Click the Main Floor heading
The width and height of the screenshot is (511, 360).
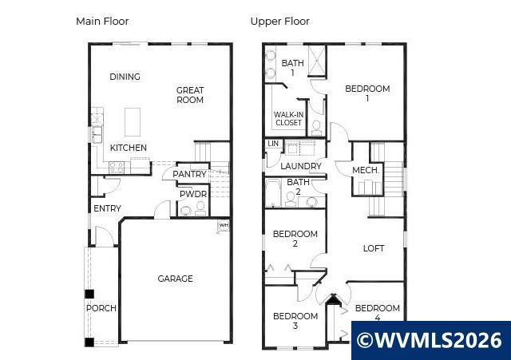[102, 22]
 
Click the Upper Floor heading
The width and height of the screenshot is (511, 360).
[279, 22]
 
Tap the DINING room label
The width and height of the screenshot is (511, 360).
[125, 77]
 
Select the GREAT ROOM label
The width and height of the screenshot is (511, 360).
[190, 95]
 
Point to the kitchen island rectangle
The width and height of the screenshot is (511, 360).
[133, 122]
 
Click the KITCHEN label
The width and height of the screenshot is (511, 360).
[128, 148]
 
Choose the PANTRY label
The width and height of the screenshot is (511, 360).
[189, 174]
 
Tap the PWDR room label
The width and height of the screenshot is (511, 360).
[192, 194]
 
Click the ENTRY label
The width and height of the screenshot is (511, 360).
[108, 209]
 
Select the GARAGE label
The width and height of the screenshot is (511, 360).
[175, 279]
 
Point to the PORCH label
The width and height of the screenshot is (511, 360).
[101, 308]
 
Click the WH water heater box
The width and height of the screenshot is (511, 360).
[223, 226]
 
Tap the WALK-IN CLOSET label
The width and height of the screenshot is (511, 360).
[288, 118]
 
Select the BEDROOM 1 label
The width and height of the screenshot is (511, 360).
[367, 93]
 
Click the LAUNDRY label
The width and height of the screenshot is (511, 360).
[301, 166]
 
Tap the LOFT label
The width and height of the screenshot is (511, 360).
[374, 248]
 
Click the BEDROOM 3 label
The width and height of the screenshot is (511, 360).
[295, 321]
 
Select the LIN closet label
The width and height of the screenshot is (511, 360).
[273, 144]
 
